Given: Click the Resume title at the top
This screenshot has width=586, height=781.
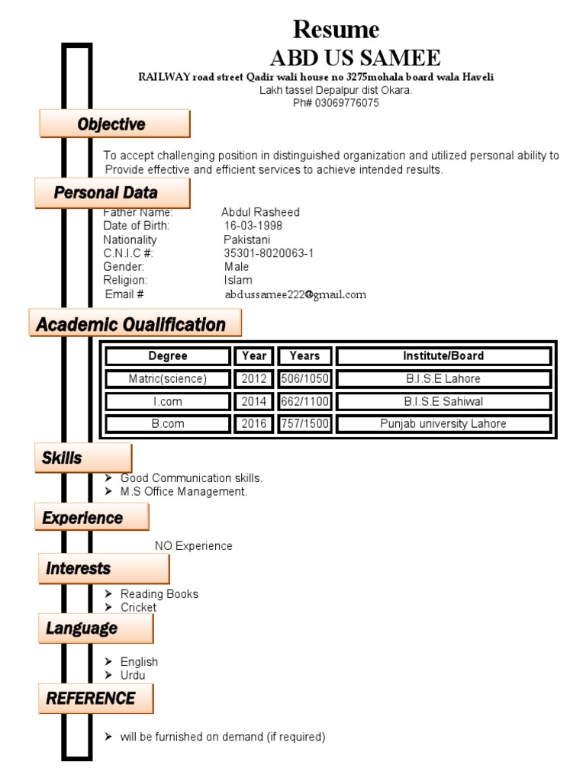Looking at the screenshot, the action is (336, 30).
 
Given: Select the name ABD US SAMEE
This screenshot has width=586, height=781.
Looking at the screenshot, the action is (356, 58).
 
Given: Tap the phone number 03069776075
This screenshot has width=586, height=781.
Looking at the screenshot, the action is (347, 103).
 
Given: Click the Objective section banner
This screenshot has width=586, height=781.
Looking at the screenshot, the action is (114, 124).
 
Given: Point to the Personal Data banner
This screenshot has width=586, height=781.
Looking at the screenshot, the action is (112, 193).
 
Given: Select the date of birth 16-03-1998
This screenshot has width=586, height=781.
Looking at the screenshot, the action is (253, 226).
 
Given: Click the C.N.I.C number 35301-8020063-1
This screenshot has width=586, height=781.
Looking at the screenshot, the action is (269, 253).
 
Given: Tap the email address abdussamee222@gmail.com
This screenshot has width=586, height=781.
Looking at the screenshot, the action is (295, 294).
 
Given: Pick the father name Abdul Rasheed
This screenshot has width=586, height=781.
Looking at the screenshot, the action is (261, 212).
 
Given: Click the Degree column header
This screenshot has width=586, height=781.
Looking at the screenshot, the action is (168, 355).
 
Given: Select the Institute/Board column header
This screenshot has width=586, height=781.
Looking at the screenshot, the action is (443, 355).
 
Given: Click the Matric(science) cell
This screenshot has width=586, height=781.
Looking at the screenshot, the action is (168, 378).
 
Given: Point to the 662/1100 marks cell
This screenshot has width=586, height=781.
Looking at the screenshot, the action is (305, 401).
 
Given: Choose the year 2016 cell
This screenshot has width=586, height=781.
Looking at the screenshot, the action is (254, 423).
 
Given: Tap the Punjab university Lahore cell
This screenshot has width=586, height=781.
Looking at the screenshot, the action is (443, 423).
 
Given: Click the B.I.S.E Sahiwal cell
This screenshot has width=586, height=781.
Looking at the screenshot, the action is (443, 401).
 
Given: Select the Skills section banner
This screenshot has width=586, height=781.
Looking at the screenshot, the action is (83, 458).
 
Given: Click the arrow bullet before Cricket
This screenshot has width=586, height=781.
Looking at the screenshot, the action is (108, 607).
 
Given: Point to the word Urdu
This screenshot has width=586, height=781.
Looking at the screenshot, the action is (133, 676).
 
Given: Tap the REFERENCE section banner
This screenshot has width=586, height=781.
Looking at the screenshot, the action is (95, 699).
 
